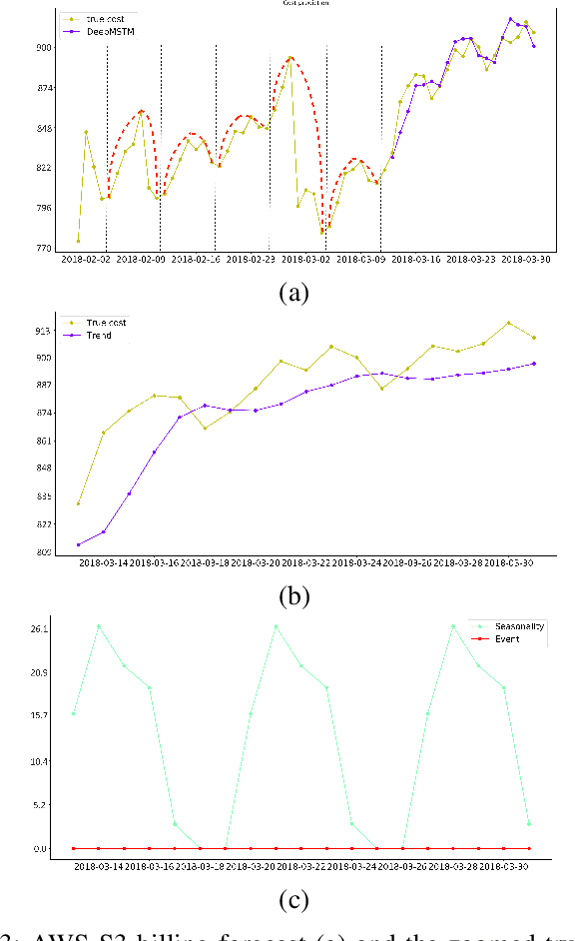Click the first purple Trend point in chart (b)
tap(78, 544)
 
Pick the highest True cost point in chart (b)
tap(508, 323)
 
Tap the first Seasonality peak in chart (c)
tap(99, 626)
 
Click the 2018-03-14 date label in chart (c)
tap(100, 864)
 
